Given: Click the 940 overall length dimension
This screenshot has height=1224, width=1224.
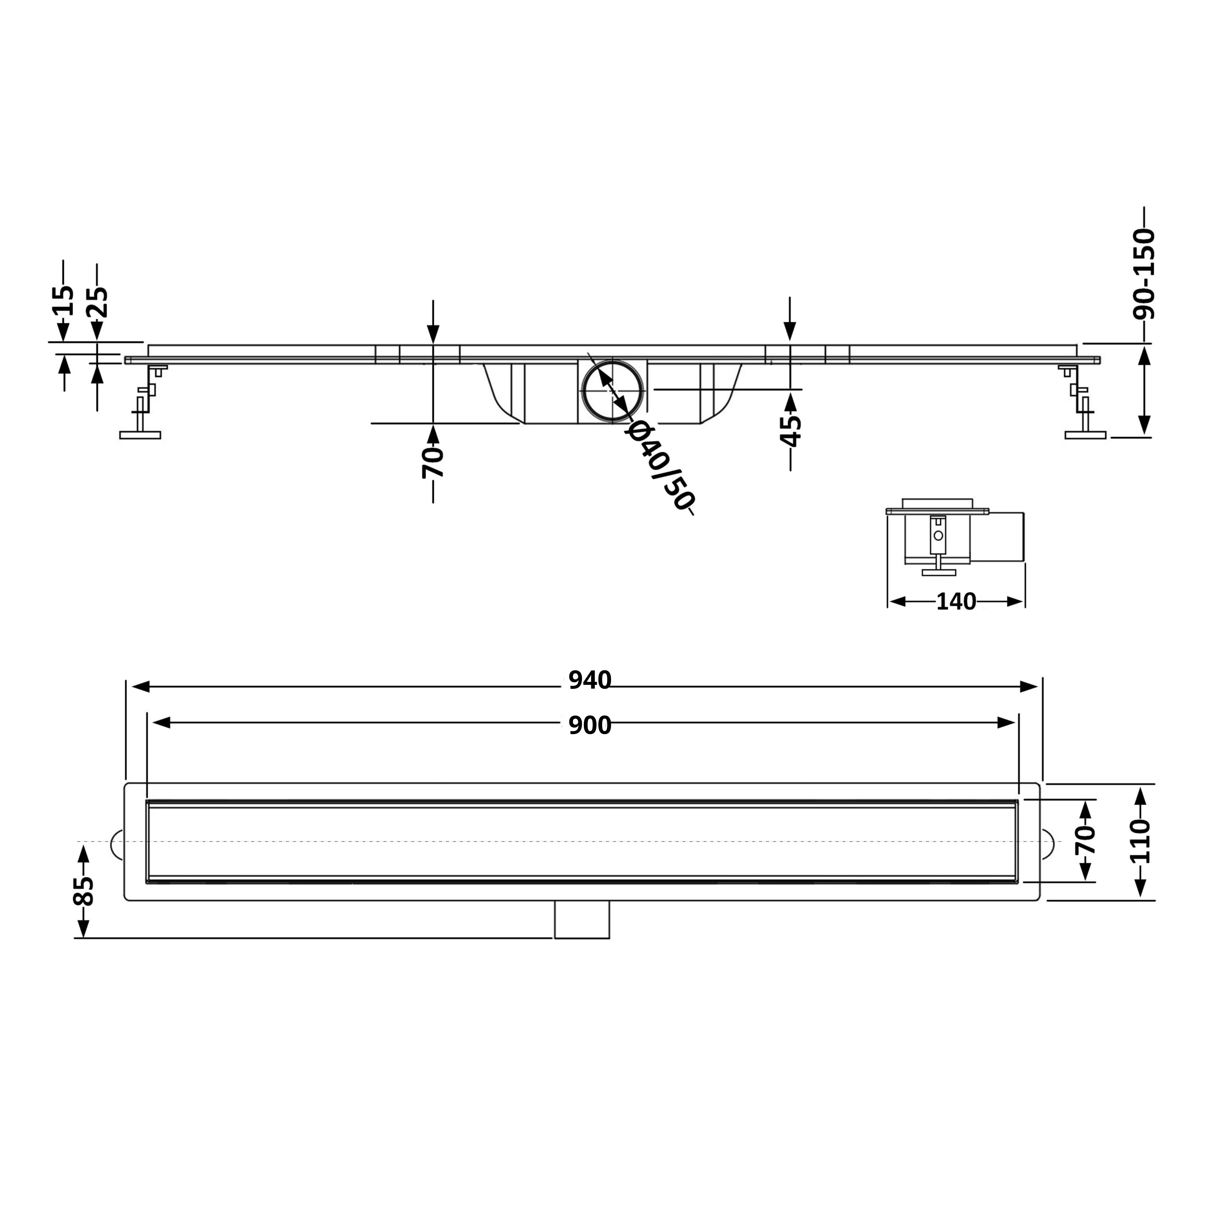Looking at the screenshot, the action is tap(589, 681).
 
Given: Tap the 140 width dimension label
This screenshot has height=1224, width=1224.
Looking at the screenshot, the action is tap(956, 602).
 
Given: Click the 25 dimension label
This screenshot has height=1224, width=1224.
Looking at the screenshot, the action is tap(98, 302).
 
